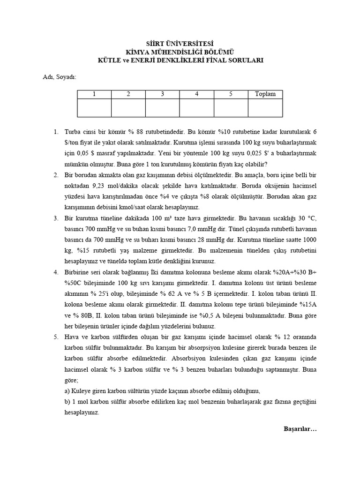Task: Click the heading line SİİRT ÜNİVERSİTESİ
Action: click(x=180, y=43)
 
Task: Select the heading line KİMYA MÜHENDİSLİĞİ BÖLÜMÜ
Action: click(x=180, y=52)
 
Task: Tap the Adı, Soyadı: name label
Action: click(x=56, y=76)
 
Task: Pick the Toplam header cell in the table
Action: click(x=265, y=94)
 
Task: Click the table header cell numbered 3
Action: click(x=162, y=94)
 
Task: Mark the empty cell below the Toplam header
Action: click(x=265, y=108)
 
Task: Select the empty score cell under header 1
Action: click(x=94, y=108)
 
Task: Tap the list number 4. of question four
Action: click(x=55, y=272)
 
